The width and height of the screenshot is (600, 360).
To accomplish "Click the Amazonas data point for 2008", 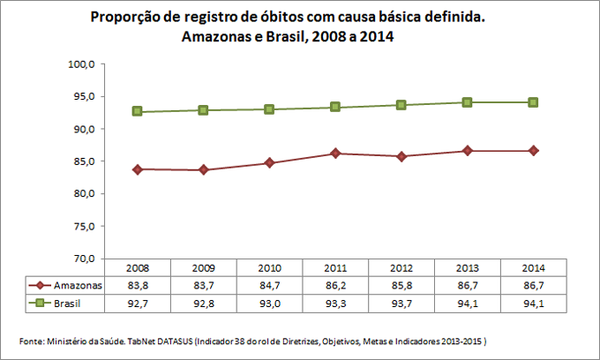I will pos(138,169).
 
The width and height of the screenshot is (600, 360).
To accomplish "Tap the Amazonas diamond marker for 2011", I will pos(335,154).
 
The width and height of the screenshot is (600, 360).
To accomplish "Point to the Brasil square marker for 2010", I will pos(269,109).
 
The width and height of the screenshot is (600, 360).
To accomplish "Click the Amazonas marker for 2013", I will pos(467,151).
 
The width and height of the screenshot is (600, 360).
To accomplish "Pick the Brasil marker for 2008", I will pos(138,111).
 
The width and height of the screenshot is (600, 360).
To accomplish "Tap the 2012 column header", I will pos(401,267).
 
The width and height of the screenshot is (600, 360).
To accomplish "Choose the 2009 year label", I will pos(203,267).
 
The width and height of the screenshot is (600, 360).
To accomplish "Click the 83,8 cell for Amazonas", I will pos(138,285).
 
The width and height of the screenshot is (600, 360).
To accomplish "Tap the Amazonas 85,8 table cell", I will pos(401,285).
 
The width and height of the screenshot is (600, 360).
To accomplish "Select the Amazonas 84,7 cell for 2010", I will pos(269,285).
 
